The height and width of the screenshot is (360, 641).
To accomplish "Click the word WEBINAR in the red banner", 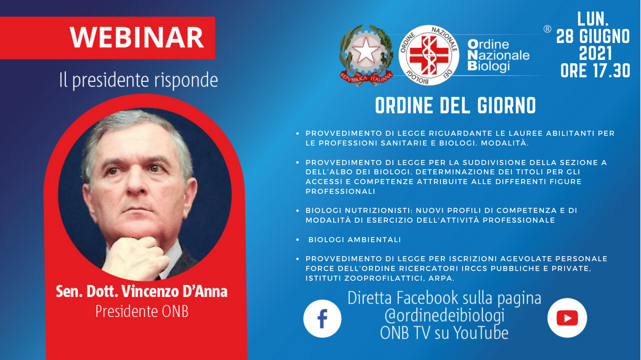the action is coord(137,37).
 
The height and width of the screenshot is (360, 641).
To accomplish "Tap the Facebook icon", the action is coord(322,318).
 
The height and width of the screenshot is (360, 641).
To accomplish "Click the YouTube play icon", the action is coord(567,318).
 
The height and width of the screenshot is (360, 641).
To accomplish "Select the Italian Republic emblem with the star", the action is coord(366,55).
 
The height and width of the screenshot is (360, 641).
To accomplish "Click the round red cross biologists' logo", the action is coord(429,55).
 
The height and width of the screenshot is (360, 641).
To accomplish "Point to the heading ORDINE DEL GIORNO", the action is coord(456,106).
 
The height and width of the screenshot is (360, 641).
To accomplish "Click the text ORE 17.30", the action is coord(595,71).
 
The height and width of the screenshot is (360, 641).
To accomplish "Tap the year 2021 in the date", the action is coord(595,53).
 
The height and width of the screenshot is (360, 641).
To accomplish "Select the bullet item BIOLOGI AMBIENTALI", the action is coord(354,240).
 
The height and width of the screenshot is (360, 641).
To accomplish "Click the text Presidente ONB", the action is coord(142,311).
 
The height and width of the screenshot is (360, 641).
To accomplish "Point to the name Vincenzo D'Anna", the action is coord(175,291).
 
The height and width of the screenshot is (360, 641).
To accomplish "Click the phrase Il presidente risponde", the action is coord(139,80).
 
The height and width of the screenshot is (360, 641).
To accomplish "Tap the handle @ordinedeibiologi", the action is coord(444,315).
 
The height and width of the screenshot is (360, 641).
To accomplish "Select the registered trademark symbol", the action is coord(547,29).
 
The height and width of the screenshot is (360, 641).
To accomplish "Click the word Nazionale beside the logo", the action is coord(499,55).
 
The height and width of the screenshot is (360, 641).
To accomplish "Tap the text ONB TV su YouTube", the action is coord(444,333).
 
